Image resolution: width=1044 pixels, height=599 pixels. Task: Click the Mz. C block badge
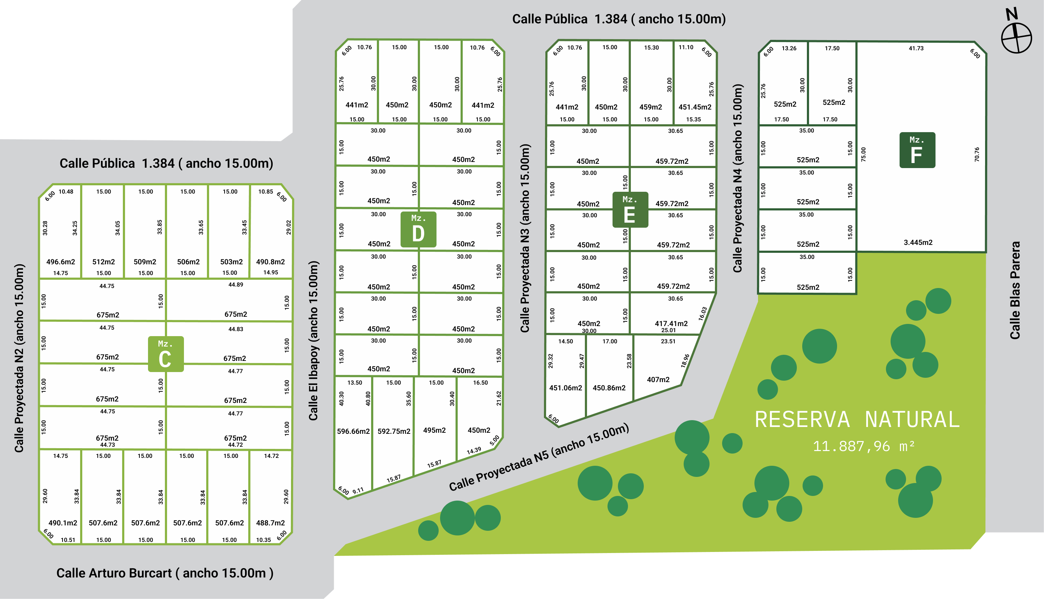(165, 354)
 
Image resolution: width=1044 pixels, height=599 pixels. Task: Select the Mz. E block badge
(630, 210)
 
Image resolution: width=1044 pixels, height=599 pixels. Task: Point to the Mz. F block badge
(917, 150)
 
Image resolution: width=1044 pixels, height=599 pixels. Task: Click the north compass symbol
(1016, 37)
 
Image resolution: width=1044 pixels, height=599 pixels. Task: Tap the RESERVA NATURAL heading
(857, 420)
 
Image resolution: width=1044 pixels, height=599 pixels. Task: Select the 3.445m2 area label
(918, 242)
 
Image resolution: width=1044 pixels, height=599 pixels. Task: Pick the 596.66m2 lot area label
(353, 431)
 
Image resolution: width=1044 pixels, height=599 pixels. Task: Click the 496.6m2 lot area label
(60, 262)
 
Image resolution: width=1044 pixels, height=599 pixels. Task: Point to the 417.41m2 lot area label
(671, 323)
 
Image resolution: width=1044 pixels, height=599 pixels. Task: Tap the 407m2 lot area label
(658, 379)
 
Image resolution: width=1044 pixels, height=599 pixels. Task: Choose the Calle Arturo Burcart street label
(165, 573)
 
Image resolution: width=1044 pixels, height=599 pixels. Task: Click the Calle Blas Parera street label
(1015, 290)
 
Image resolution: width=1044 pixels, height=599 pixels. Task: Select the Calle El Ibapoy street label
(313, 341)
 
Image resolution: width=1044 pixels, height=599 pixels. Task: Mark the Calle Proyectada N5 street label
(539, 457)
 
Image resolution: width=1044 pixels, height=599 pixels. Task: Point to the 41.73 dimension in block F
(916, 48)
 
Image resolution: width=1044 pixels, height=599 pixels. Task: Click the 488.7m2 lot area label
(271, 523)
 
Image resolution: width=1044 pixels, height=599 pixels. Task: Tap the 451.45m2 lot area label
(695, 107)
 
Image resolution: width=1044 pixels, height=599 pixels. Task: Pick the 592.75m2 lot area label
(394, 431)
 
